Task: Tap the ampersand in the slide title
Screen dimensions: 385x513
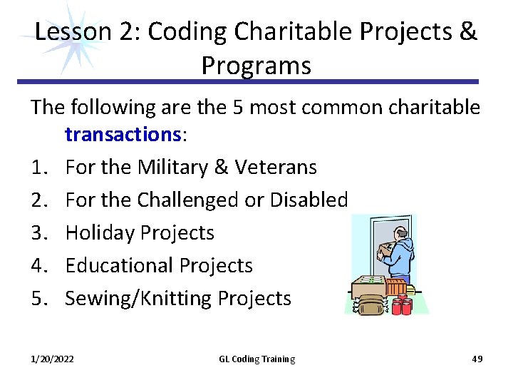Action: (x=468, y=32)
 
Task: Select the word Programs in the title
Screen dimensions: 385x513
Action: (x=256, y=66)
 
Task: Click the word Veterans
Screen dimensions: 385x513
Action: (x=278, y=168)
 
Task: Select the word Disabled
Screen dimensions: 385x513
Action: (x=308, y=200)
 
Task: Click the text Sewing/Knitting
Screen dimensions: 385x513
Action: (x=139, y=298)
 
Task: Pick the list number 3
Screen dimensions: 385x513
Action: (x=38, y=232)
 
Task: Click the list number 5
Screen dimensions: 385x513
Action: (x=38, y=298)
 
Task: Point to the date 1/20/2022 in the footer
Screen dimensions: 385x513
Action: (x=53, y=359)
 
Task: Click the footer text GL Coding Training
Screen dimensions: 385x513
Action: (x=256, y=359)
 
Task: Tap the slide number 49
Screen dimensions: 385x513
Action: (x=477, y=359)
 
